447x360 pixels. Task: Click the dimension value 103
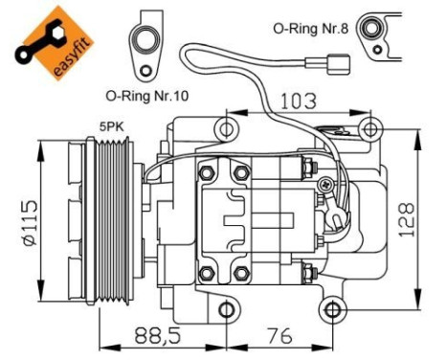pyautogui.click(x=299, y=98)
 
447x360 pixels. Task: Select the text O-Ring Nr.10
pyautogui.click(x=149, y=97)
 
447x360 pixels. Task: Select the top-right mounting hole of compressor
pyautogui.click(x=368, y=128)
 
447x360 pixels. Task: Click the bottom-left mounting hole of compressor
pyautogui.click(x=226, y=309)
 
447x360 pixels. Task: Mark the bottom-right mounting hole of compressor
pyautogui.click(x=332, y=308)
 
